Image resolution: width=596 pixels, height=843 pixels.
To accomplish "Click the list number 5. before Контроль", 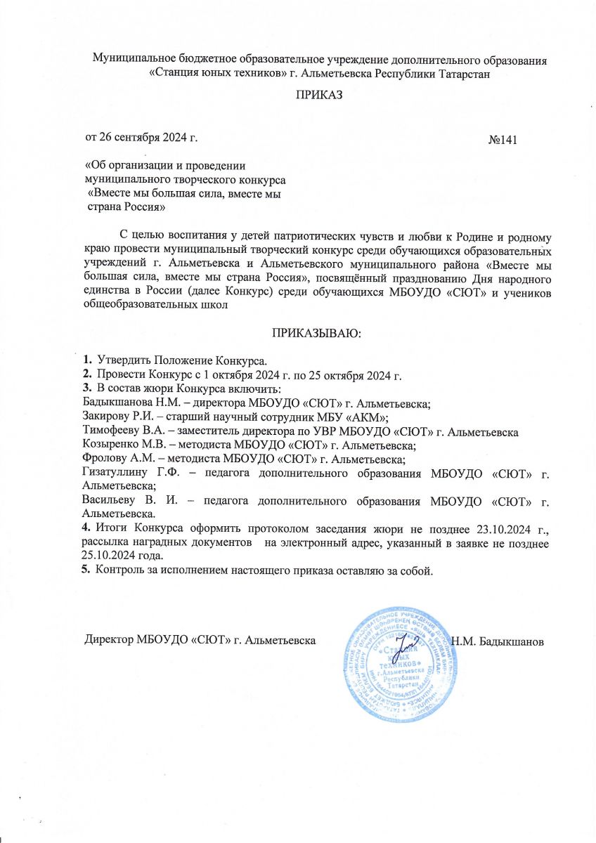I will [87, 570].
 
